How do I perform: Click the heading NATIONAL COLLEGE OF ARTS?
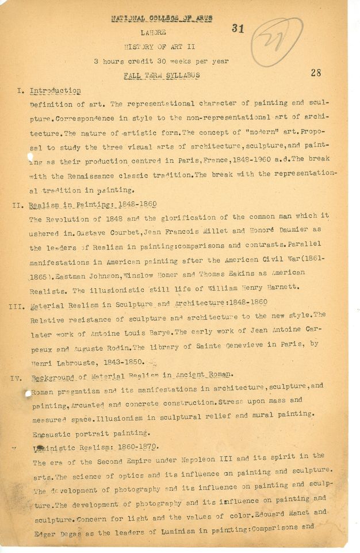(162, 18)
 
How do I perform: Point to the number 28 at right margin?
(316, 73)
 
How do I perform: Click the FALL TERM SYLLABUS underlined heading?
(159, 76)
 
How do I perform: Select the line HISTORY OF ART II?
(159, 47)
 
